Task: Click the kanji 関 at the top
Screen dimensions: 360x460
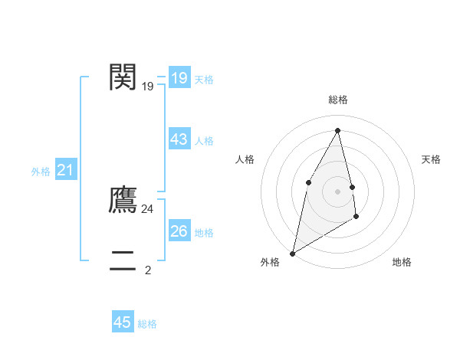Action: coord(123,77)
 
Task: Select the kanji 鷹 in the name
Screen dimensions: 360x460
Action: coord(123,199)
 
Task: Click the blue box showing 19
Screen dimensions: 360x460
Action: coord(179,78)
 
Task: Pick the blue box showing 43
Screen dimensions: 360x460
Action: coord(179,139)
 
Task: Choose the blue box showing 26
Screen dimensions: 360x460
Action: coord(179,231)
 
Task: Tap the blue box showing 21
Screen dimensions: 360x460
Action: coord(65,171)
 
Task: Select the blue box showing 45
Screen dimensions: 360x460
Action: coord(123,322)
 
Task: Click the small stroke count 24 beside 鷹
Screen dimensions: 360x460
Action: coord(148,208)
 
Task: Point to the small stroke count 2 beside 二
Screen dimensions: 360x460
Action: coord(148,270)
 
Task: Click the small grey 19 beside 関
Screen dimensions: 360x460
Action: coord(148,87)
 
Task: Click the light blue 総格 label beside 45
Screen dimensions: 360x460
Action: coord(147,324)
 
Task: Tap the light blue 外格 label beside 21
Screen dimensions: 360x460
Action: coord(41,172)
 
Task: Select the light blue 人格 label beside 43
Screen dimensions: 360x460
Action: coord(204,141)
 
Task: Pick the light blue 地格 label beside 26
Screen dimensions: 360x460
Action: coord(204,233)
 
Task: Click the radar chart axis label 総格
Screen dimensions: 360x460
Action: coord(337,100)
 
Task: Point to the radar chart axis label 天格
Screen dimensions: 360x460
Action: coord(432,159)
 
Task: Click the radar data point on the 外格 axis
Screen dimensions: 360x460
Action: coord(292,253)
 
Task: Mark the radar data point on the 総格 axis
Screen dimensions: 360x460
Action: coord(337,130)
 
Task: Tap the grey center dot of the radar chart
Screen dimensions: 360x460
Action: coord(337,191)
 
